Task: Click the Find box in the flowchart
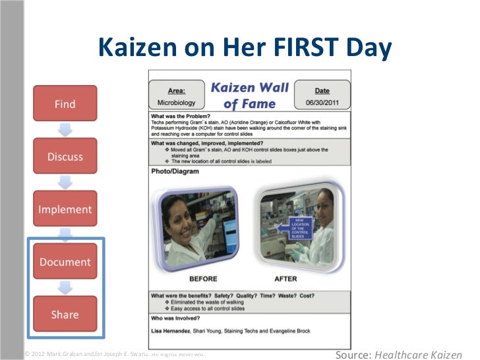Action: (65, 104)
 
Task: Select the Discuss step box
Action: (65, 156)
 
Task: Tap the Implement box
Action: (65, 209)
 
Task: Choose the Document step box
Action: (65, 262)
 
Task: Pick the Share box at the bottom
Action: (65, 314)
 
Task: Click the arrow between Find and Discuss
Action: (65, 130)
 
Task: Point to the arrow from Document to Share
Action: (65, 288)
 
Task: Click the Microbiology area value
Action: (176, 104)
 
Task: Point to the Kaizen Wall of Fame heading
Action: (249, 95)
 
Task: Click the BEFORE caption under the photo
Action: (204, 279)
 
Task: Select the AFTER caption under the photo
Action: (285, 279)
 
